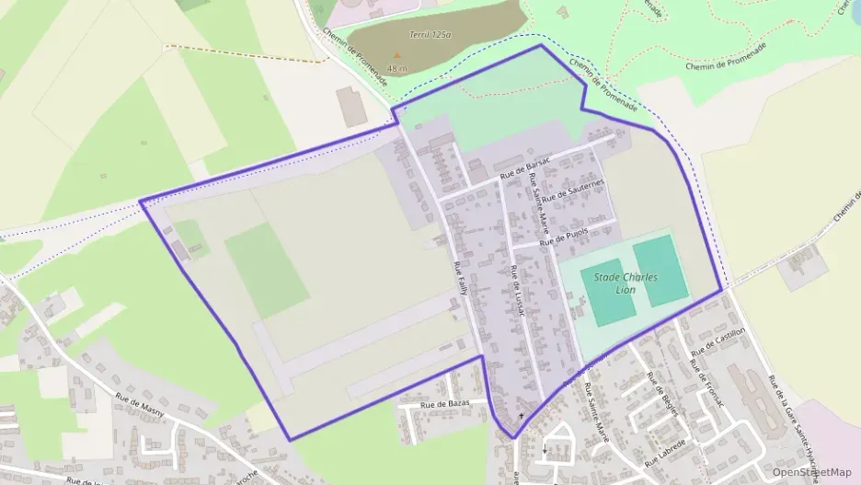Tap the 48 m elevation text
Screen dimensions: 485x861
coord(397,68)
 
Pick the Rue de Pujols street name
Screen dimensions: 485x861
coord(563,237)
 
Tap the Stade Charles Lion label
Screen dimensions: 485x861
coord(626,283)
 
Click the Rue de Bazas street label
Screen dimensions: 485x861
coord(444,404)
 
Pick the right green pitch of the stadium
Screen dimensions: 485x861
coord(660,270)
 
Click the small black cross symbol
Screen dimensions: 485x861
coord(522,416)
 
